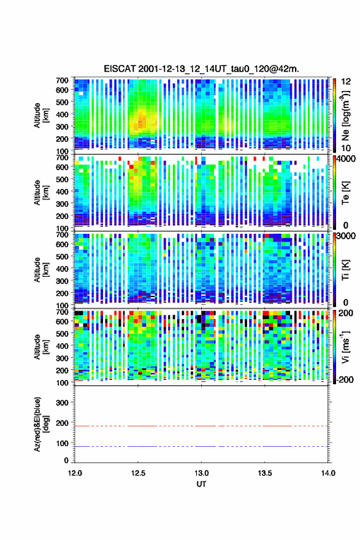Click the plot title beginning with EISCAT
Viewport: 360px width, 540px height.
coord(201,69)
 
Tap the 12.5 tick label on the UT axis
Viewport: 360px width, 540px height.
coord(138,473)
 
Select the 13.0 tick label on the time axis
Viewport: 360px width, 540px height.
coord(201,473)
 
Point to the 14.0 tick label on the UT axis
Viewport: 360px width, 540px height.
coord(328,473)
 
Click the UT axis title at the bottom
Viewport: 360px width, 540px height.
coord(201,484)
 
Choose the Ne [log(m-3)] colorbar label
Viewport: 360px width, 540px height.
coord(345,116)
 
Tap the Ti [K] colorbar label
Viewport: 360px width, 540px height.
coord(345,270)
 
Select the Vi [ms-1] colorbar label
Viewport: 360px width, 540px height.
coord(345,347)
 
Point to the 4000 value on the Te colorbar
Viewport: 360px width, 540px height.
coord(346,159)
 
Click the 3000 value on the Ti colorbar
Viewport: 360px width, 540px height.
coord(346,236)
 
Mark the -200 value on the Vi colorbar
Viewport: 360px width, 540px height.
coord(343,379)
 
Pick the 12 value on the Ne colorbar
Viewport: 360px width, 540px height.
coord(346,82)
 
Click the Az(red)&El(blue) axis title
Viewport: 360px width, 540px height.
coord(41,424)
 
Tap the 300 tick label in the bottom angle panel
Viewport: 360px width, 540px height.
coord(62,403)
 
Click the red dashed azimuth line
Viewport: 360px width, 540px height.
coord(201,426)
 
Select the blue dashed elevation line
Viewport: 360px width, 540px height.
coord(201,446)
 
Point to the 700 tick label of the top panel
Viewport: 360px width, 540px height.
coord(62,80)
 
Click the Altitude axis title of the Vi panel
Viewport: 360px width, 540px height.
coord(41,347)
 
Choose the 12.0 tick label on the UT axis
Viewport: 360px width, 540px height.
coord(75,473)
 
